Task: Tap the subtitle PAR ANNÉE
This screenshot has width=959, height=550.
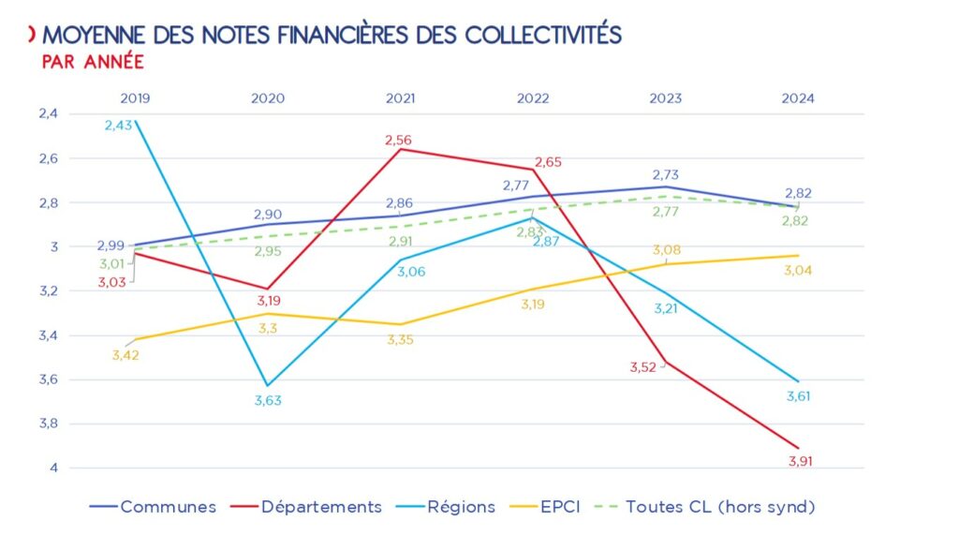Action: click(x=93, y=62)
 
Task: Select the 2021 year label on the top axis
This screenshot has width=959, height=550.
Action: click(x=401, y=97)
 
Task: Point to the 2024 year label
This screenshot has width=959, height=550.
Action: click(x=799, y=97)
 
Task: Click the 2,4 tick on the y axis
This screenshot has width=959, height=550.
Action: click(x=74, y=113)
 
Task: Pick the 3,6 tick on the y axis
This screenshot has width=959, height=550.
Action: click(x=74, y=379)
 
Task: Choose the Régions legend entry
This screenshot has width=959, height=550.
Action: click(x=461, y=507)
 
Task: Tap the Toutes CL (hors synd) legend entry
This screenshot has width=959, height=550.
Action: click(x=719, y=507)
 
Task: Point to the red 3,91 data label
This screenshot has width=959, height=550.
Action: click(x=799, y=461)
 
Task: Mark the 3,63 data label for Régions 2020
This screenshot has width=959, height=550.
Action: click(x=268, y=401)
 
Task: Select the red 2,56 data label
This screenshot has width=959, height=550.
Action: click(x=397, y=140)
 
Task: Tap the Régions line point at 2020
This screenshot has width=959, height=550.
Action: click(x=268, y=385)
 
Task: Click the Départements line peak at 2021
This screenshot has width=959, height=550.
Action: click(x=401, y=149)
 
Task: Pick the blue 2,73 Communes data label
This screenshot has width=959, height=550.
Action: click(x=665, y=175)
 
